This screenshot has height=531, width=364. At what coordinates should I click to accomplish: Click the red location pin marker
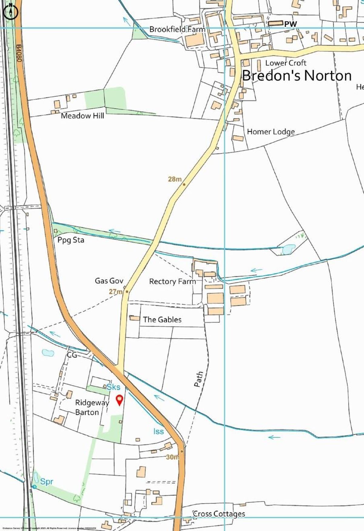120,400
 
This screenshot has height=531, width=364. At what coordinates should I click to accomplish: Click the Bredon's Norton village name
297,76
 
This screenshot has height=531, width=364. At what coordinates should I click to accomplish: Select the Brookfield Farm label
177,29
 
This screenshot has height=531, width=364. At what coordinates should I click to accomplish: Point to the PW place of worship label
290,24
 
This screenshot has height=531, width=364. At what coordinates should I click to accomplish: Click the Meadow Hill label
82,116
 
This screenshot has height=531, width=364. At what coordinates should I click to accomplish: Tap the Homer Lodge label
271,132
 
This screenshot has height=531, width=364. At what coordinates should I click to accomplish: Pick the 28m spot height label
175,179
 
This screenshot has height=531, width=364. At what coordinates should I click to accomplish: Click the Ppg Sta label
71,240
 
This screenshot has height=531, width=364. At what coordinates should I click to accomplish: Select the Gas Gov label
109,281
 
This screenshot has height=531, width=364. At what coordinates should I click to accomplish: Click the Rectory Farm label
172,282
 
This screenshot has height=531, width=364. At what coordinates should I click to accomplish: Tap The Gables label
162,319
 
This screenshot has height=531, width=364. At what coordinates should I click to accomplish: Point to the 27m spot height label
115,292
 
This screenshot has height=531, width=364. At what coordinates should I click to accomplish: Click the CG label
72,355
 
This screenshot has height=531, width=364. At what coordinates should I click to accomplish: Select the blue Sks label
113,387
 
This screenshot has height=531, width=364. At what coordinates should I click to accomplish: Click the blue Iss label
158,431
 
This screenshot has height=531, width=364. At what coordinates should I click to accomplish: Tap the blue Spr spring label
47,482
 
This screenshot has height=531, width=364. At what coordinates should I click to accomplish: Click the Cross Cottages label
219,514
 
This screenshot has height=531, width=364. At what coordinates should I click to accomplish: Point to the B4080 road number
19,54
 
